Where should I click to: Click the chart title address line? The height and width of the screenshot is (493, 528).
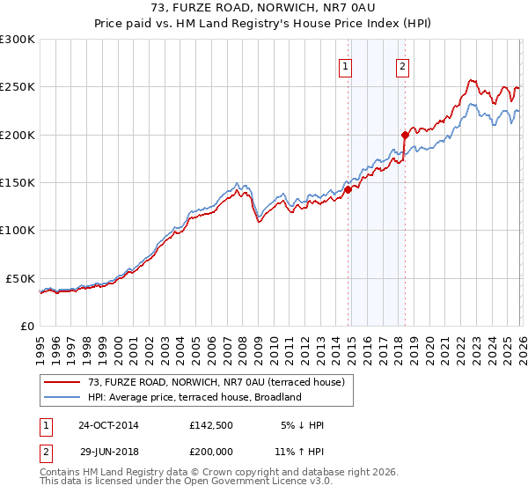(264, 9)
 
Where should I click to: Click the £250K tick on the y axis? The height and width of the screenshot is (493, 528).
(18, 87)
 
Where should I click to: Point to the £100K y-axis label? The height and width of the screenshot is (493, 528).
(18, 230)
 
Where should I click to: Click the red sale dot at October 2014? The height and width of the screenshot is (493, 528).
(348, 189)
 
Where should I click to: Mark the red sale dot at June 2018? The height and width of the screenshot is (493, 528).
(405, 135)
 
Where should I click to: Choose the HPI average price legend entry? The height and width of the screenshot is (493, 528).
(194, 397)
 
